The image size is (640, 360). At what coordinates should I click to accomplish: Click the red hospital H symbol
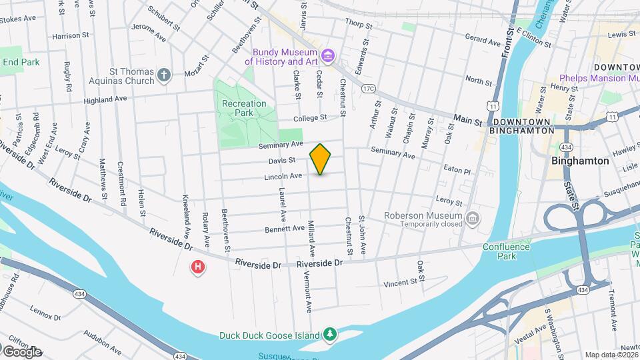pos(198,268)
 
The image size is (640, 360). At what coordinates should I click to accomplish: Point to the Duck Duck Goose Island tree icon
pos(329,333)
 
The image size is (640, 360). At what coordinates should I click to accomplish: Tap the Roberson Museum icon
pos(472,218)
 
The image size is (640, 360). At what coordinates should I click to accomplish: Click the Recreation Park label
pos(244,108)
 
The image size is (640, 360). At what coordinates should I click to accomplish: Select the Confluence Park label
pos(507,251)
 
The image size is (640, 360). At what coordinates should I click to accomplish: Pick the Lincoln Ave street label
pos(284,176)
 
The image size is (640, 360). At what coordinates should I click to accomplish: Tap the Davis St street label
pos(282,160)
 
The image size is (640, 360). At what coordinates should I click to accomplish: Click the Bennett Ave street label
pos(285,229)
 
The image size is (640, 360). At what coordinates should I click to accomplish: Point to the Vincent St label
pos(400,283)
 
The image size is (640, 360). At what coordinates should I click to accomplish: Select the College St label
pos(311,117)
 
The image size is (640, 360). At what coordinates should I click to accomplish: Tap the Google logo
pos(22,351)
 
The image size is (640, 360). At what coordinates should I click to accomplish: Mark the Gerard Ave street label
pos(482,41)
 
